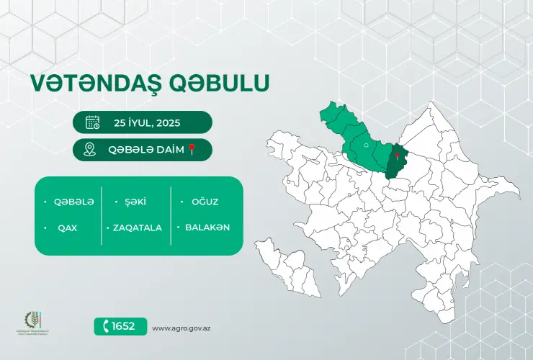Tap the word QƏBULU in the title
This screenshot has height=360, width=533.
coord(219,84)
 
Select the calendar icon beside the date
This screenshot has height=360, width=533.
coord(92,122)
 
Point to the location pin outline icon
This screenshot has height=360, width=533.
coord(90,149)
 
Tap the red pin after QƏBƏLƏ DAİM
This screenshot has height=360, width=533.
coord(192,149)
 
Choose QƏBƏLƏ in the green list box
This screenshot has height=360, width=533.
coord(73,202)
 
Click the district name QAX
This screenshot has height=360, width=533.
coord(68,228)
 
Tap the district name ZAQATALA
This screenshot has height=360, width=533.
coord(137,228)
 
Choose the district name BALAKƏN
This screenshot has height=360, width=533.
coord(207,228)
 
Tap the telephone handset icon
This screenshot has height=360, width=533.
coord(107,326)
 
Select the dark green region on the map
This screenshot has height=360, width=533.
coord(395,164)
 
